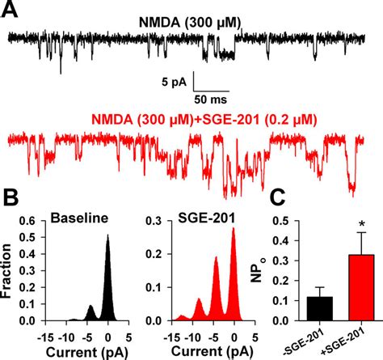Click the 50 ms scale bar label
(x=212, y=98)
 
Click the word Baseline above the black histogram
(x=78, y=218)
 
